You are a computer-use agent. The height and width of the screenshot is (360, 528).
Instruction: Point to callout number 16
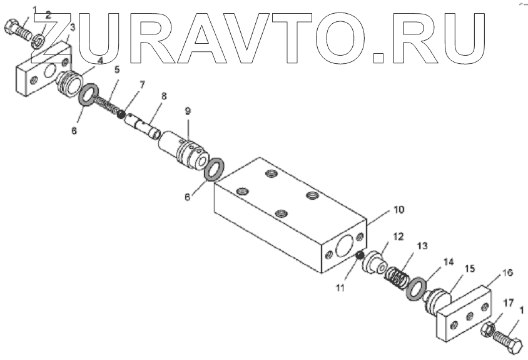pyautogui.click(x=507, y=273)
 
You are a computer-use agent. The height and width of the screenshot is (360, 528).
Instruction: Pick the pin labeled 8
pyautogui.click(x=143, y=125)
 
